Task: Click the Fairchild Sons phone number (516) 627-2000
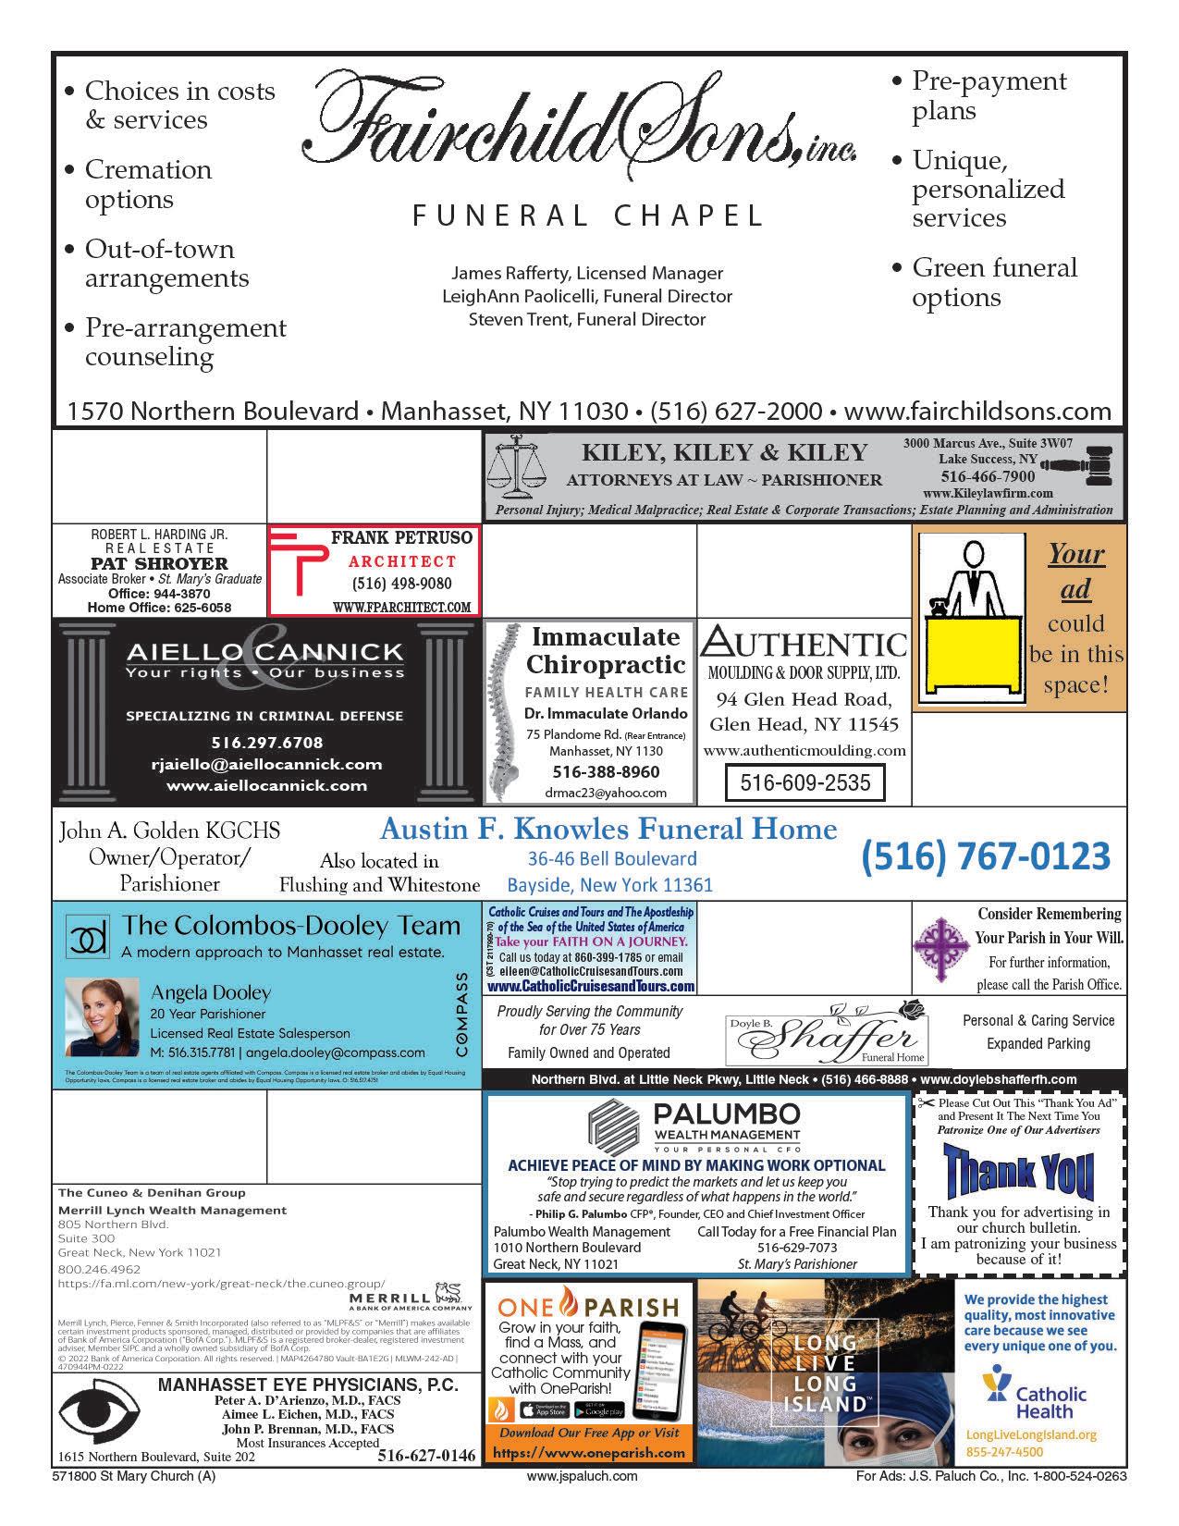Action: [x=736, y=411]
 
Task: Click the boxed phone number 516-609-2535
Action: [x=804, y=782]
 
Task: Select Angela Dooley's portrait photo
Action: [x=101, y=1017]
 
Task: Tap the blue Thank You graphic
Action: [x=1017, y=1171]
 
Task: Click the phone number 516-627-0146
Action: [x=426, y=1456]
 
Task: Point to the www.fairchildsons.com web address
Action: [x=977, y=411]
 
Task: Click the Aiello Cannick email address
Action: [x=266, y=764]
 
